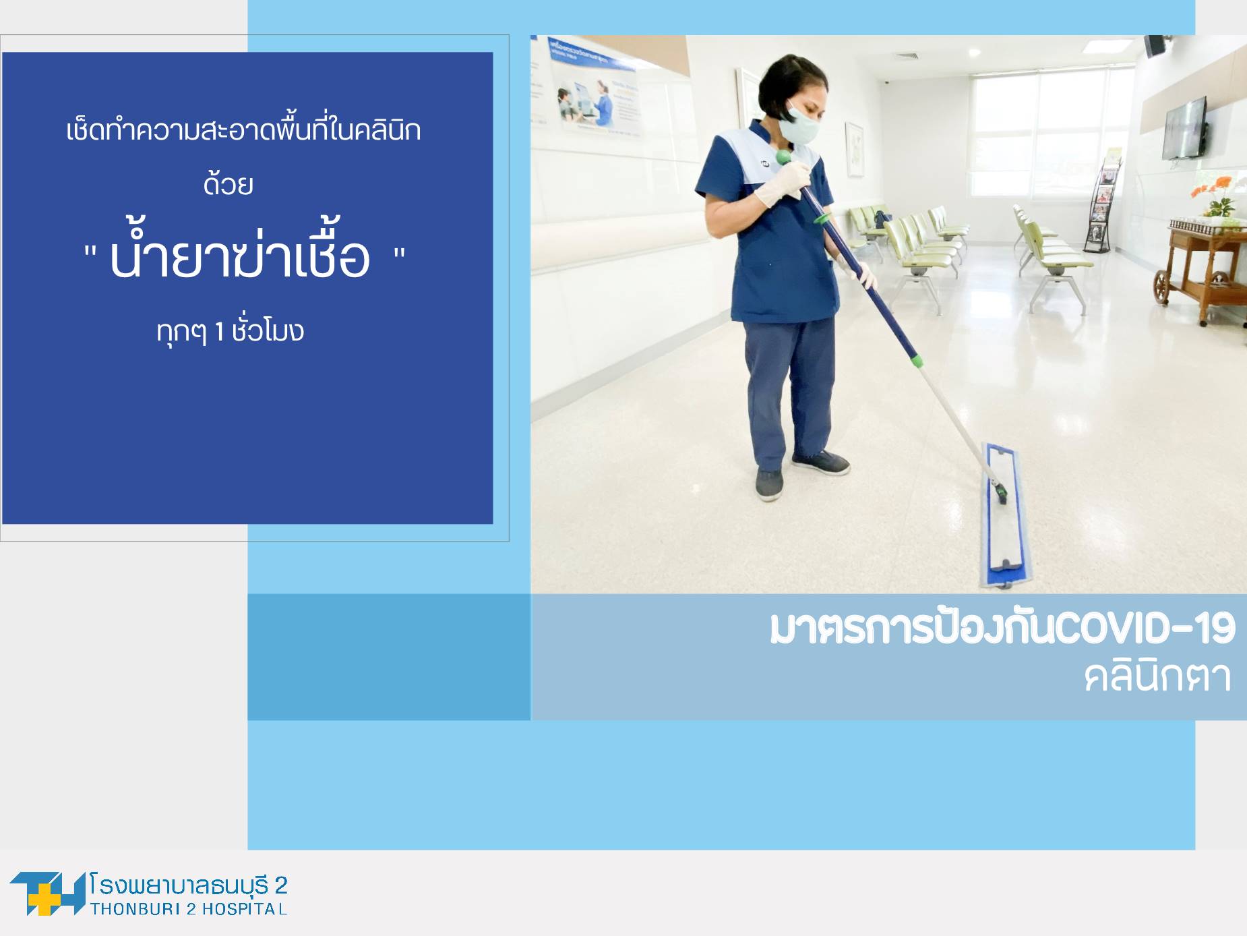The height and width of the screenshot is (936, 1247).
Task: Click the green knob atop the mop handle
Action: tap(783, 158)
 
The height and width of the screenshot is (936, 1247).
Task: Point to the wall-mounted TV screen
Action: tap(1184, 128)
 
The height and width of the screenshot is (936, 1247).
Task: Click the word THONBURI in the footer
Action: tap(135, 909)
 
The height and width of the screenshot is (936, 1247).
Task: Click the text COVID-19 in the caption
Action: tap(1145, 628)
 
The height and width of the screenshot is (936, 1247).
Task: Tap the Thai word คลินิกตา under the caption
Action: tap(1158, 676)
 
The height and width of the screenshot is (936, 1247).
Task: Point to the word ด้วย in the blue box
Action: tap(229, 183)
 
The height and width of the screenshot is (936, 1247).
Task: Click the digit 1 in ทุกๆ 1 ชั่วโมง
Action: tap(219, 332)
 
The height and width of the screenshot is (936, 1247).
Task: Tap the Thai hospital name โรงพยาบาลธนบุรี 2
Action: tap(188, 885)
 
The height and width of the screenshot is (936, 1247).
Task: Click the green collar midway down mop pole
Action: tap(917, 361)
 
